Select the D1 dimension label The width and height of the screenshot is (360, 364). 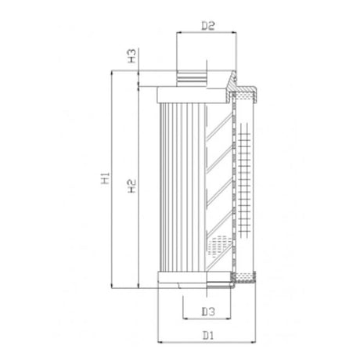click(x=208, y=334)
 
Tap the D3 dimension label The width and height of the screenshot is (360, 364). click(x=208, y=312)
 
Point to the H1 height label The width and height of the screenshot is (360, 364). click(x=105, y=179)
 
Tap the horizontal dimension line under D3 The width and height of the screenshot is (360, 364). click(x=207, y=320)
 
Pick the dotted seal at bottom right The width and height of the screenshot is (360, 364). click(x=247, y=276)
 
